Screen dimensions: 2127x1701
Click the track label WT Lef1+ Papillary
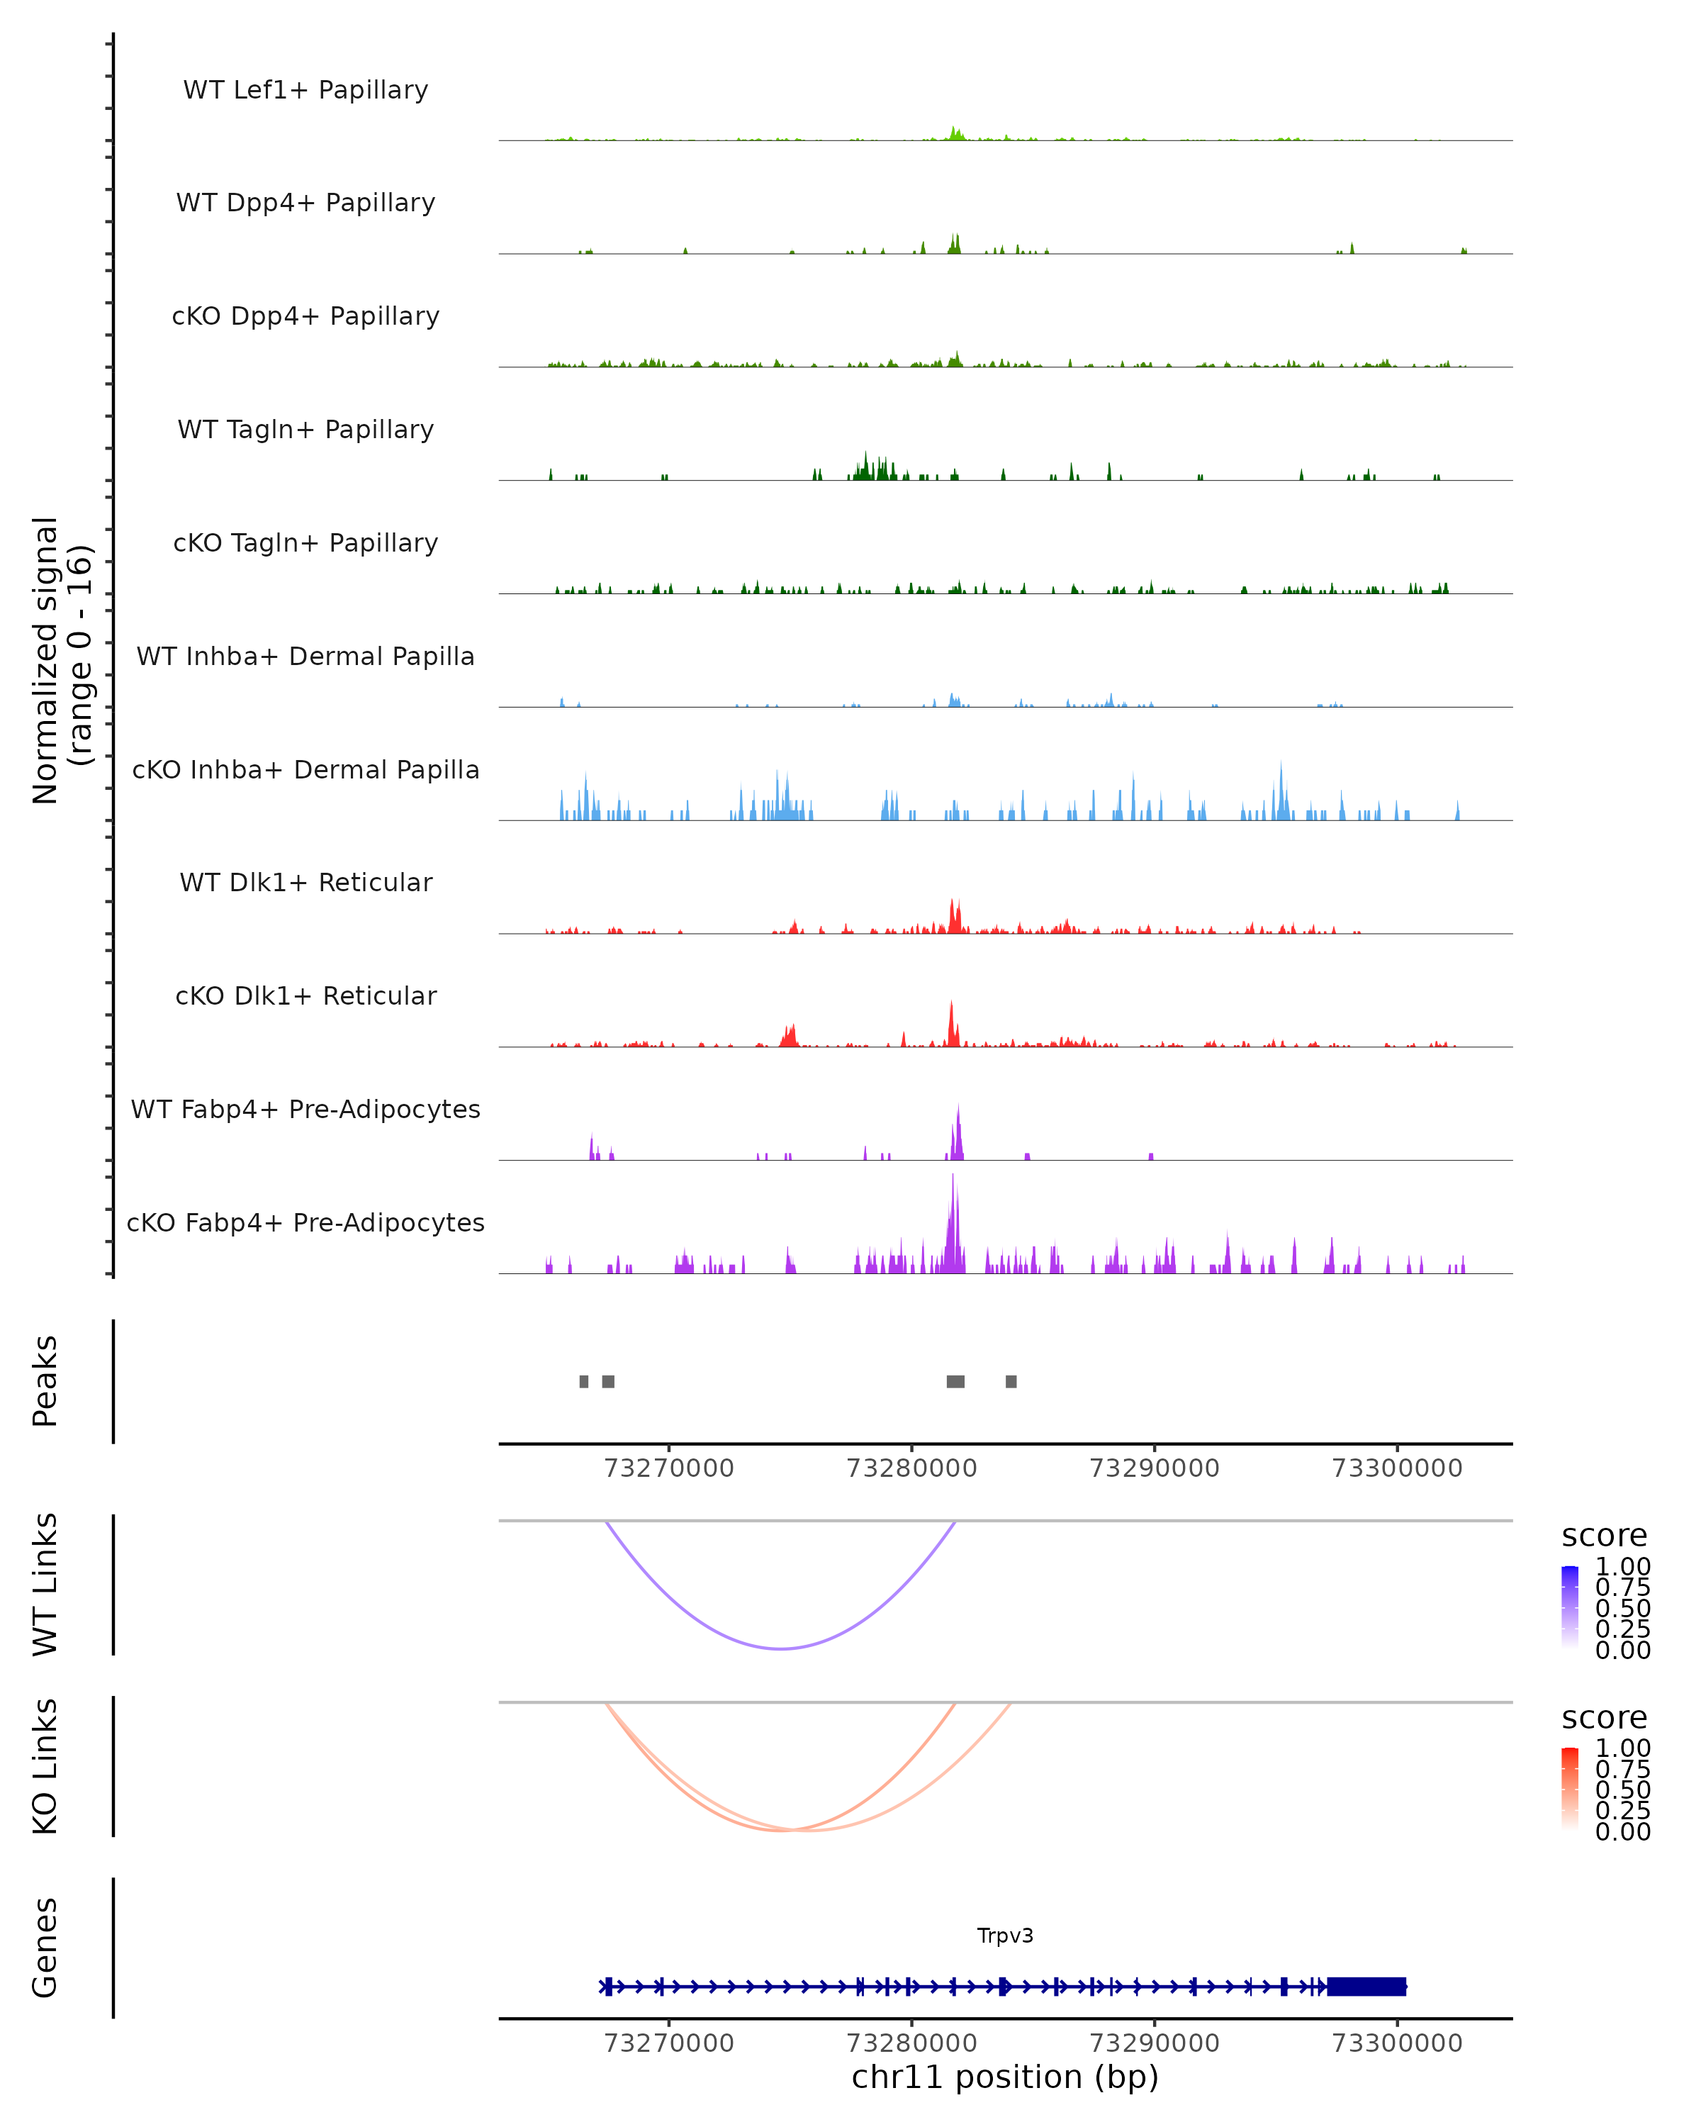pos(305,90)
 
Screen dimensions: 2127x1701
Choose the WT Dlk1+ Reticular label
pos(305,882)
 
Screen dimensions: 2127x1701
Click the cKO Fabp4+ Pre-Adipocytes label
pos(305,1222)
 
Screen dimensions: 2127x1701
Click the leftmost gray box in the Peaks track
pos(584,1381)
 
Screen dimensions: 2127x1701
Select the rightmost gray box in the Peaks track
pos(1011,1381)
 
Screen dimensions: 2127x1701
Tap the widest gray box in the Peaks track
pos(955,1381)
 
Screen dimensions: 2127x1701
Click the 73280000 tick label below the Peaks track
pos(911,1468)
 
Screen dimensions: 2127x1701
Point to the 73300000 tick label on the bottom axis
pos(1396,2043)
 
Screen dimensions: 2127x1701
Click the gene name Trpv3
pos(1005,1936)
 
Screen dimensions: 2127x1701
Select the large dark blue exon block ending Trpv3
pos(1366,1987)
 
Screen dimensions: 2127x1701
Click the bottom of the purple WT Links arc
pos(781,1648)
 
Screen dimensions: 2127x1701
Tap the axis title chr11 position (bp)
pos(1005,2077)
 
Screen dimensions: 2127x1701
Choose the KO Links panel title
pos(45,1766)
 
